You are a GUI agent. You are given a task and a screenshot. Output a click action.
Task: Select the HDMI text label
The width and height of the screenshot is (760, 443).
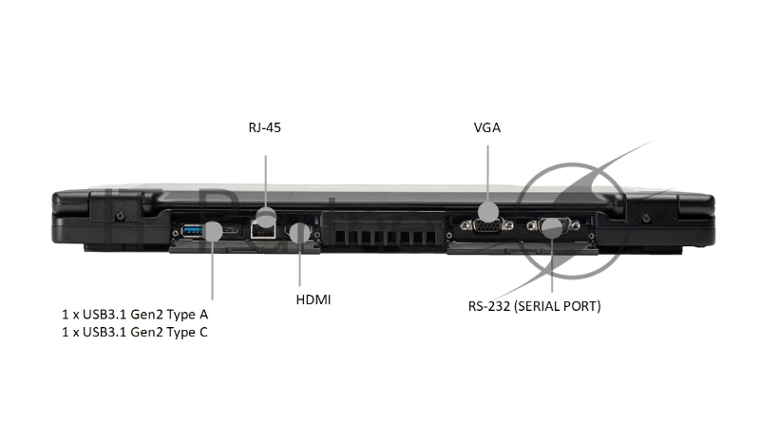click(314, 300)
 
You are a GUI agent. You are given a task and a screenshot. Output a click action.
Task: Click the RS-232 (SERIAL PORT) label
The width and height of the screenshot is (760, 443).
click(534, 307)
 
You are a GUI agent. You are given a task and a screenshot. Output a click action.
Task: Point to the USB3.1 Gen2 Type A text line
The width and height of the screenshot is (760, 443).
click(133, 313)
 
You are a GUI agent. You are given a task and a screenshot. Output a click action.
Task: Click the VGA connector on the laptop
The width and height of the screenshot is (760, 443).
click(486, 227)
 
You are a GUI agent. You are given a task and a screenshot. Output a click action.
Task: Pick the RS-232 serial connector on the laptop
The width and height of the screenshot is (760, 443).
click(552, 226)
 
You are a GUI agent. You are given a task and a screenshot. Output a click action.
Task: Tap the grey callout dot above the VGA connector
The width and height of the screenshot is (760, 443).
click(487, 211)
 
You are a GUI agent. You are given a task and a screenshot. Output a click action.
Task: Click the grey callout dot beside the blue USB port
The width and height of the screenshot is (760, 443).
click(214, 231)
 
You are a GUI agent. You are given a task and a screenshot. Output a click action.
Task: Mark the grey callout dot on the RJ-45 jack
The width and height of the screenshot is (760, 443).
click(267, 216)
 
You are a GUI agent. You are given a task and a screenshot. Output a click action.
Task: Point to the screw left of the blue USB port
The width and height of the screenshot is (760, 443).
click(175, 230)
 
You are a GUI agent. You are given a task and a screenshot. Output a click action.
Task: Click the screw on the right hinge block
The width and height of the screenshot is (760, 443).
click(647, 219)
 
